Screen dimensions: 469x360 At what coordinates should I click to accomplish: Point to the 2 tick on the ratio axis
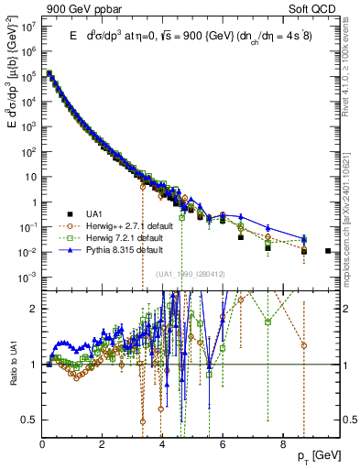click(x=35, y=308)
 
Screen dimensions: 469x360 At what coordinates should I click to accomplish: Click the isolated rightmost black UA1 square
click(x=329, y=250)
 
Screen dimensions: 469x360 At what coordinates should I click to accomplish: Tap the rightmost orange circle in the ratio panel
click(x=304, y=345)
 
